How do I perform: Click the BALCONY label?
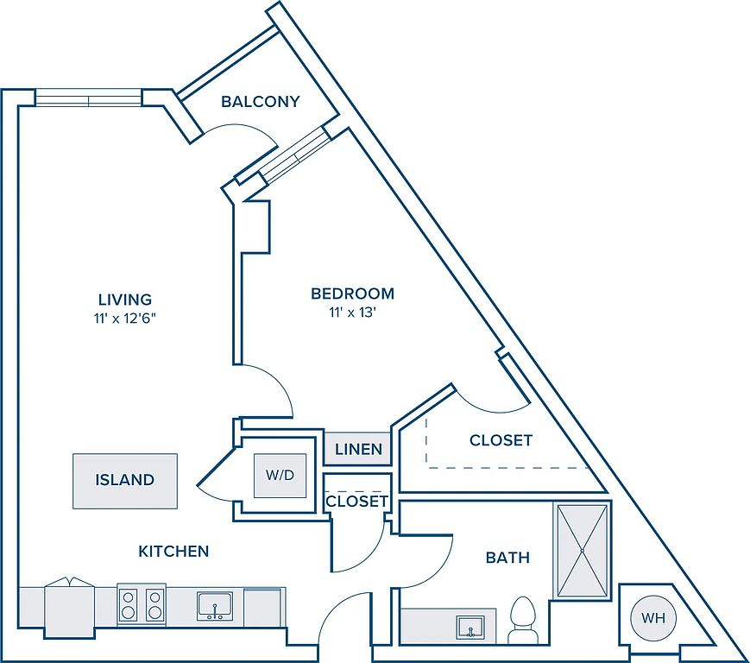260,102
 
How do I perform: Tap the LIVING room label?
124,300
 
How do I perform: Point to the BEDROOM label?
352,294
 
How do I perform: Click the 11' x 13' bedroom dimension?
352,312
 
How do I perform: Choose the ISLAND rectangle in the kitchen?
124,480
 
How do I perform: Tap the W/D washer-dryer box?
280,476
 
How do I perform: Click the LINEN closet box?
357,449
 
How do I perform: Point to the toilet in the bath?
523,620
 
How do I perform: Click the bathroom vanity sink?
470,625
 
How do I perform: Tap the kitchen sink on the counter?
211,606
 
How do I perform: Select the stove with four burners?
142,603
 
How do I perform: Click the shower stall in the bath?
583,551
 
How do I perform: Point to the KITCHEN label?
173,551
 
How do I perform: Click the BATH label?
507,558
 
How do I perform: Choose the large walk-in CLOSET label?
501,440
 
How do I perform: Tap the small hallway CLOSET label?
356,502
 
